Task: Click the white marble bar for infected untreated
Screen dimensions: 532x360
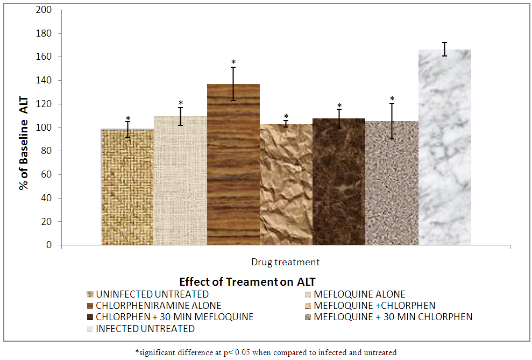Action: (444, 147)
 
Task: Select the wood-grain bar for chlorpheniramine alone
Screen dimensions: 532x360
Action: (233, 165)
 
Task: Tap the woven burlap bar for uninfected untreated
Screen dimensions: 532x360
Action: (127, 187)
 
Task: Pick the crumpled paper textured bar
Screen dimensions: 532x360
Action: (286, 184)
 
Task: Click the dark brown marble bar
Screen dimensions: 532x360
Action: (339, 181)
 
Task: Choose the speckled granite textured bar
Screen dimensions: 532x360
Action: (392, 183)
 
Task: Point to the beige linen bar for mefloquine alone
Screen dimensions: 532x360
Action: (181, 180)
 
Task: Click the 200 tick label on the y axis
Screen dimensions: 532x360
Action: (44, 10)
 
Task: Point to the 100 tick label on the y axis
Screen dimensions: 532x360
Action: (44, 128)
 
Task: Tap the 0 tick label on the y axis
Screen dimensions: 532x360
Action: (49, 245)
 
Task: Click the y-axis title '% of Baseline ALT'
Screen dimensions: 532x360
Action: (24, 143)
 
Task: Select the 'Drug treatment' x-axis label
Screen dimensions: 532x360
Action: (285, 262)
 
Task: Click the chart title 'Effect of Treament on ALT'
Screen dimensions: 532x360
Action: (247, 282)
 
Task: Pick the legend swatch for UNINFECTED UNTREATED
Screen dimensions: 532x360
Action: (90, 294)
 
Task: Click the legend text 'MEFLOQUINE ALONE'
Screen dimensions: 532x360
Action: (359, 294)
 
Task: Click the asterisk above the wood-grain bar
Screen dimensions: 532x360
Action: (233, 62)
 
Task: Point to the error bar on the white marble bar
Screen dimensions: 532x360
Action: (444, 49)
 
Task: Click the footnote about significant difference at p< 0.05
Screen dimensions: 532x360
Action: (266, 352)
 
